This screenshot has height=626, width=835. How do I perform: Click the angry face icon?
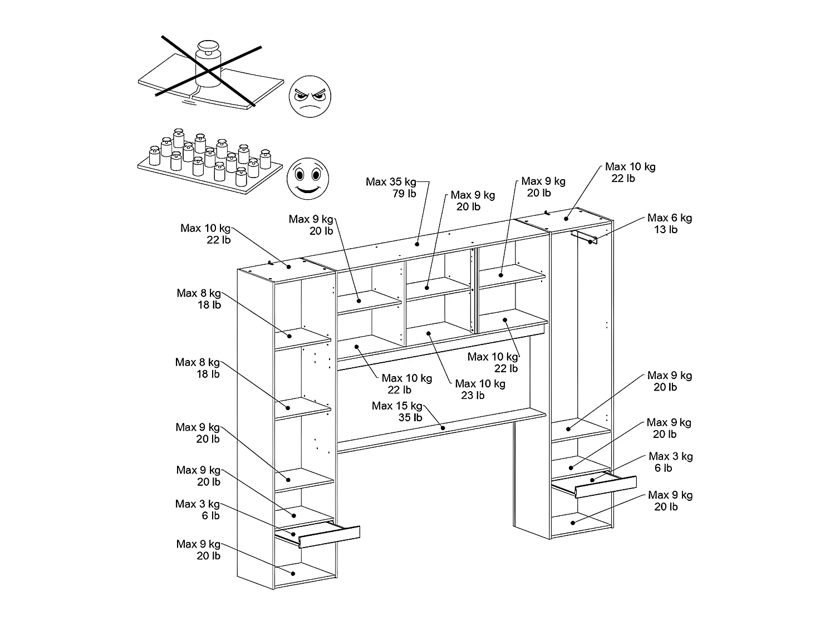pyautogui.click(x=310, y=96)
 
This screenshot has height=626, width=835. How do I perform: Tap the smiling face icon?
pyautogui.click(x=307, y=178)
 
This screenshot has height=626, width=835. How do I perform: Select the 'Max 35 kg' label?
pyautogui.click(x=391, y=182)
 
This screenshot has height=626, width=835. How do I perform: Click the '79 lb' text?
pyautogui.click(x=404, y=194)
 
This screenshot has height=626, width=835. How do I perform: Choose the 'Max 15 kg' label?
pyautogui.click(x=397, y=406)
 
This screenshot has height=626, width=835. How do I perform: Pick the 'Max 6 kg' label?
pyautogui.click(x=670, y=218)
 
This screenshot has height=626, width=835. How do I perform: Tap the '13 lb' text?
pyautogui.click(x=666, y=229)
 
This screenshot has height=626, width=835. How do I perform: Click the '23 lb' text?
pyautogui.click(x=473, y=396)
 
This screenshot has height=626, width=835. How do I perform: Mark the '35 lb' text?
pyautogui.click(x=410, y=418)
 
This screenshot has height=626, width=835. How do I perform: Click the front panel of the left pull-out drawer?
pyautogui.click(x=329, y=536)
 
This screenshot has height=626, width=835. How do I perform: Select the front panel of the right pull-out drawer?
pyautogui.click(x=605, y=486)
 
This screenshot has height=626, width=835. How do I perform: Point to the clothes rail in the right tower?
pyautogui.click(x=583, y=237)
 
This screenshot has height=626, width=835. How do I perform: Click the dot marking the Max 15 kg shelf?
pyautogui.click(x=443, y=428)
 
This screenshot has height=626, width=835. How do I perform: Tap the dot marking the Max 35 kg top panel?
pyautogui.click(x=417, y=244)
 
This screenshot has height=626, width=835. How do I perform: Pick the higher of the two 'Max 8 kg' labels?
pyautogui.click(x=199, y=293)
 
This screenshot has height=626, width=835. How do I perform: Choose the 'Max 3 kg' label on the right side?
pyautogui.click(x=670, y=456)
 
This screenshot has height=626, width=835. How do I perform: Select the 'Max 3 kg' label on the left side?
pyautogui.click(x=198, y=504)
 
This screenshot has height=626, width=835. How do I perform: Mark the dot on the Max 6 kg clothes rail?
pyautogui.click(x=590, y=241)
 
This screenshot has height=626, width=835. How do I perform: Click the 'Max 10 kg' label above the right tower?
pyautogui.click(x=630, y=166)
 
